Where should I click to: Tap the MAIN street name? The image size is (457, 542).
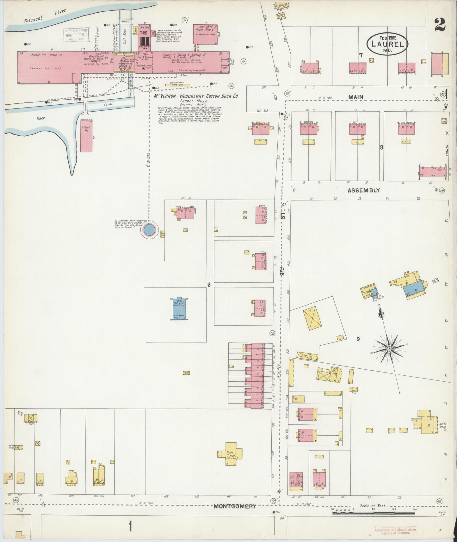point(356,97)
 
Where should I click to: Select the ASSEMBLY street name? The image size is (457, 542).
point(363,190)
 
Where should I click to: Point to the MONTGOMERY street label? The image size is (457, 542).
point(235,506)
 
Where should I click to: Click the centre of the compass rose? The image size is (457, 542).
point(390,349)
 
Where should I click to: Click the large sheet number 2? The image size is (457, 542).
point(440,25)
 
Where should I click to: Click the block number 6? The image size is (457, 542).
point(209,285)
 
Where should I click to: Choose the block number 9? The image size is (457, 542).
point(358,339)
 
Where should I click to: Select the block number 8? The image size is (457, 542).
point(382,147)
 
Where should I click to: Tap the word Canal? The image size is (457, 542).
point(108,104)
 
